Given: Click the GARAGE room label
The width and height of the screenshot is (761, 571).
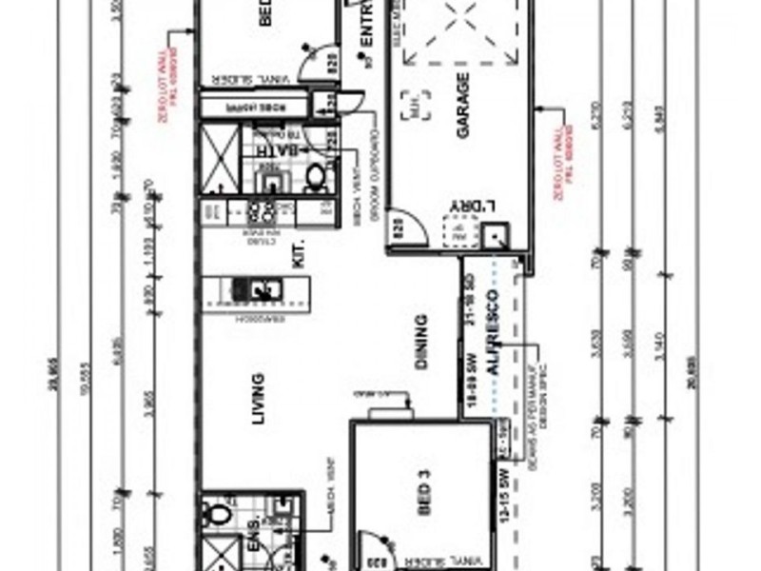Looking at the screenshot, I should point(463,107).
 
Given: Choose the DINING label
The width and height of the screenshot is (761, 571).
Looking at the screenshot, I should point(421,342).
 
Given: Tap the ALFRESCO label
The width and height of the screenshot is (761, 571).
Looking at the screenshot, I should point(492,335).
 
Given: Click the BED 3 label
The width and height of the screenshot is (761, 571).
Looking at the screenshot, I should point(424,495).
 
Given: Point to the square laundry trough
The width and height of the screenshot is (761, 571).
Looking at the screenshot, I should point(495,236).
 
